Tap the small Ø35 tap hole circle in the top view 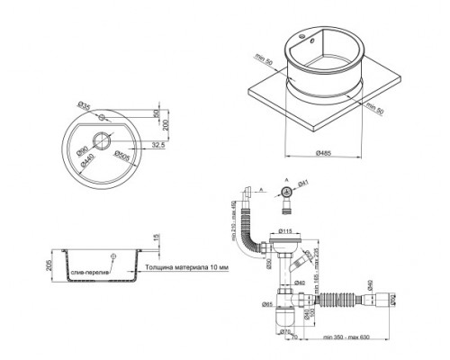103,118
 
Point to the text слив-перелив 93,271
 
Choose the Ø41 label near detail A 302,184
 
